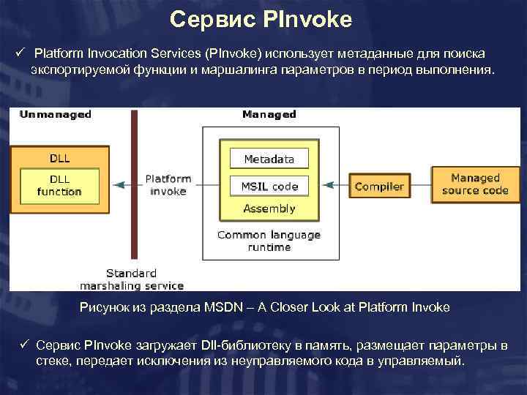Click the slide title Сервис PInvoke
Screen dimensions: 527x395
pos(261,19)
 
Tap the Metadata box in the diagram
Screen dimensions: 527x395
pos(269,159)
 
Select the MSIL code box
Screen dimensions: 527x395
pos(269,186)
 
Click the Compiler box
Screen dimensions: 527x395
pos(378,187)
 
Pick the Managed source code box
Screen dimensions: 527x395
pos(475,184)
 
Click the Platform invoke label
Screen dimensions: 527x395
pos(168,184)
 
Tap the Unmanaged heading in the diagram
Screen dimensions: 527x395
pos(56,115)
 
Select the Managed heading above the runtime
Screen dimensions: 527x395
pos(269,115)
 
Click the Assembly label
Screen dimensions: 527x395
pos(269,208)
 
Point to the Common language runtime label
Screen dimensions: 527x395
pos(269,241)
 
